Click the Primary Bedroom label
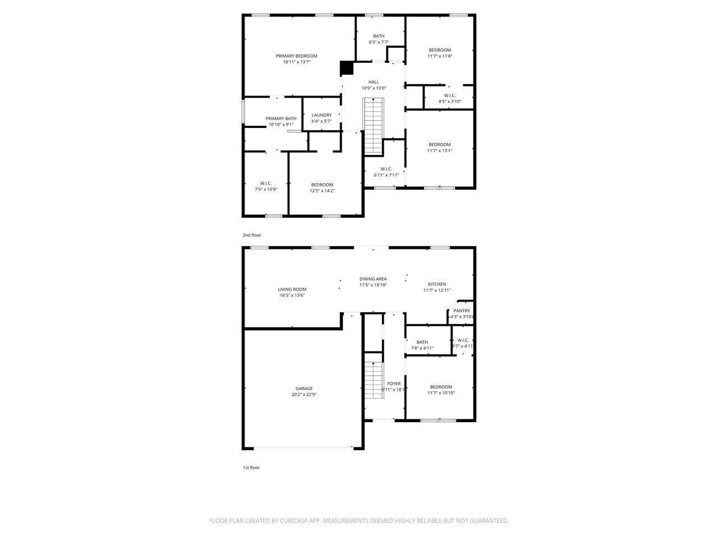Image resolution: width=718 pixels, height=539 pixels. pos(296,56)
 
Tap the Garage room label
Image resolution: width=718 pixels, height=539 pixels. pos(304,389)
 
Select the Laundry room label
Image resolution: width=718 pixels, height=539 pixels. pos(321,115)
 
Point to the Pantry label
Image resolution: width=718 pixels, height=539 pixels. pos(462,310)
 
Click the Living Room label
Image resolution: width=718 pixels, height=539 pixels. pos(292,289)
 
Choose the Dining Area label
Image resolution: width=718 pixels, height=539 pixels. pos(373,279)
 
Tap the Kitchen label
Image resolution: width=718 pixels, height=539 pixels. pos(437,284)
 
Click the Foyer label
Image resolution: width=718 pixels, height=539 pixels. pos(394,384)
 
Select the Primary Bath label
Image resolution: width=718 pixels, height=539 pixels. pos(281,118)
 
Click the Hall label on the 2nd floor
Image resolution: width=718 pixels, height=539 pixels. pos(374,82)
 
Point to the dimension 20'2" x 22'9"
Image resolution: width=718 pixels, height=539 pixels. pos(304,395)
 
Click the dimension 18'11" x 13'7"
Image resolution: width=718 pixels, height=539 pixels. pos(296,62)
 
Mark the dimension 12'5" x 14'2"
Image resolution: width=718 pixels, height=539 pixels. pos(322,190)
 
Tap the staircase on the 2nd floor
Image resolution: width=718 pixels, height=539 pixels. pos(374,126)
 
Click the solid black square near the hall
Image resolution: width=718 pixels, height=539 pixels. pos(347,68)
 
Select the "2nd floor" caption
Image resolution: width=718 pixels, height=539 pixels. pos(252,235)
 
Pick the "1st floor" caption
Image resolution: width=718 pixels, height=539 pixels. pos(251,467)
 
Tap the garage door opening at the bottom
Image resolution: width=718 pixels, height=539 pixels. pos(303,448)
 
